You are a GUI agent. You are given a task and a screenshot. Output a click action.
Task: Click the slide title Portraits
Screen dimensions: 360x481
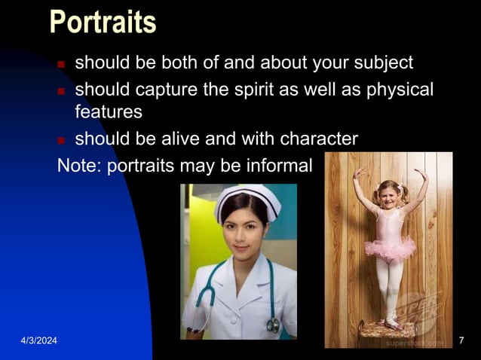103,22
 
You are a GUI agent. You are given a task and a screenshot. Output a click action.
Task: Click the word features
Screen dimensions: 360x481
108,112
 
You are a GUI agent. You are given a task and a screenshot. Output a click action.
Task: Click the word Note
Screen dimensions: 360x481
78,165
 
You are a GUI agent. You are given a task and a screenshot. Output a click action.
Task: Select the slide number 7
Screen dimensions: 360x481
461,343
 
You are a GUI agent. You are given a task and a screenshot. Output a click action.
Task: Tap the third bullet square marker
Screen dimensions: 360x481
63,141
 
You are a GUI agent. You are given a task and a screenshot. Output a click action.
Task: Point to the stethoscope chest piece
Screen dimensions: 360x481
272,325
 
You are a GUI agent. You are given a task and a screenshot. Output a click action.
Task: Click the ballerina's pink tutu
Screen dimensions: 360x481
390,249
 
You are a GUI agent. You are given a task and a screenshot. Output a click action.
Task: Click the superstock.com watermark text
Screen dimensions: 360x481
415,342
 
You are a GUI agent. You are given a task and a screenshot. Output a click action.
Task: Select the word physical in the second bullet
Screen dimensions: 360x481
400,89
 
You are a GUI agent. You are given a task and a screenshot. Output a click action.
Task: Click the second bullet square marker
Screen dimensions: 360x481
63,91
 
